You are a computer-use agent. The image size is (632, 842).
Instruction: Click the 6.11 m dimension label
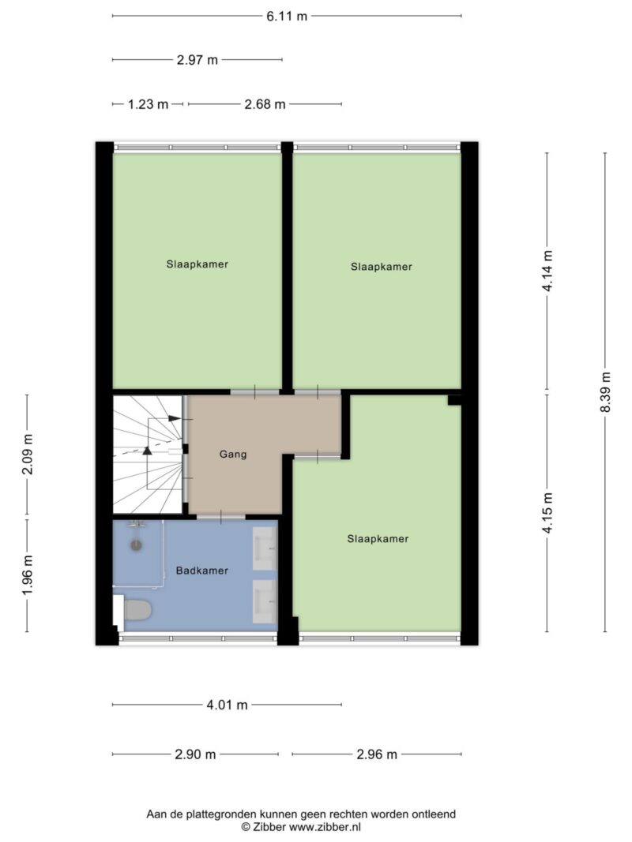pyautogui.click(x=287, y=16)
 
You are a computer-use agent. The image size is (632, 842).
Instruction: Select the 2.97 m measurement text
pyautogui.click(x=197, y=60)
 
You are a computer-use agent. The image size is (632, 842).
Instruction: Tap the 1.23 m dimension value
pyautogui.click(x=148, y=104)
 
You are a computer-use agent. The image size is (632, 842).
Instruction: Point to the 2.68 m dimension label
pyautogui.click(x=265, y=104)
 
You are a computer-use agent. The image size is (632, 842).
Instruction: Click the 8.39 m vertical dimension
pyautogui.click(x=605, y=392)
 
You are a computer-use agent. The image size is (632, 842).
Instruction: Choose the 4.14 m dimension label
pyautogui.click(x=547, y=271)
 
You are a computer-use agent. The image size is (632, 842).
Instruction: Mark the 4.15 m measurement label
pyautogui.click(x=547, y=513)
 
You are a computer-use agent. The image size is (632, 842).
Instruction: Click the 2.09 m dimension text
pyautogui.click(x=27, y=455)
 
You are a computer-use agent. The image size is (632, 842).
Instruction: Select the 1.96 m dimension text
pyautogui.click(x=27, y=575)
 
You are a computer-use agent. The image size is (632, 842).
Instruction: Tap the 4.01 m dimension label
pyautogui.click(x=227, y=705)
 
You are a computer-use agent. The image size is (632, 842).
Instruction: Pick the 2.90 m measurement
pyautogui.click(x=195, y=754)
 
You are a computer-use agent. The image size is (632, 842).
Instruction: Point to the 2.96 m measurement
pyautogui.click(x=377, y=754)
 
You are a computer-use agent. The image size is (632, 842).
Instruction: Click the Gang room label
pyautogui.click(x=233, y=455)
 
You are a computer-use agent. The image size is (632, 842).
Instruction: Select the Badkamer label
pyautogui.click(x=202, y=571)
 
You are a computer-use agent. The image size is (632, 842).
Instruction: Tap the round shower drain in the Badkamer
pyautogui.click(x=137, y=545)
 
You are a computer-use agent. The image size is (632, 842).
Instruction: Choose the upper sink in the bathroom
pyautogui.click(x=265, y=548)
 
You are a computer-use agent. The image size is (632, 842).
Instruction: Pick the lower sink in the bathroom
pyautogui.click(x=265, y=601)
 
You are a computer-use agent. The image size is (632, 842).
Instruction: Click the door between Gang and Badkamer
pyautogui.click(x=221, y=517)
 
